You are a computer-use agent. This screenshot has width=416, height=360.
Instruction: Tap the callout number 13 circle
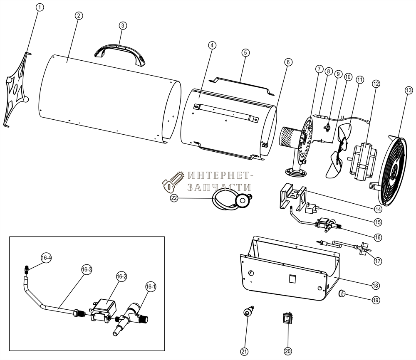pyautogui.click(x=409, y=90)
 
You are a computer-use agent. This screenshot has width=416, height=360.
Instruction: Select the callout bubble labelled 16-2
pyautogui.click(x=121, y=276)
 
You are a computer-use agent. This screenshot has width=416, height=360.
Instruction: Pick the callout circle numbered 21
pyautogui.click(x=245, y=351)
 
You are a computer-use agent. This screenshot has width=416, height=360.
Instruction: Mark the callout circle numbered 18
pyautogui.click(x=375, y=286)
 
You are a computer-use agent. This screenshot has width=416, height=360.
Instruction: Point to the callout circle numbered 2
pyautogui.click(x=79, y=15)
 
